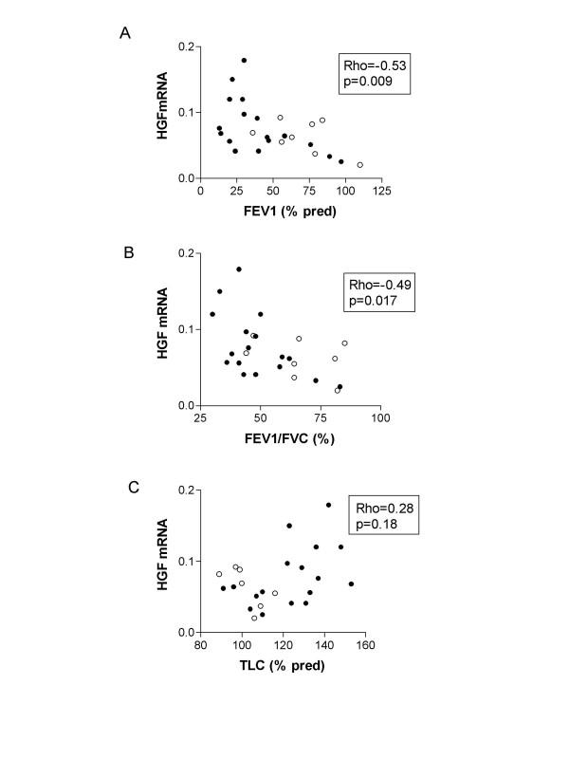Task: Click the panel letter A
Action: tap(124, 34)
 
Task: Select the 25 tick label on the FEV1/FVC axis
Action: tap(200, 417)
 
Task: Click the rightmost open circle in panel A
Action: tap(360, 165)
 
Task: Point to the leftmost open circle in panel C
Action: tap(219, 574)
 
